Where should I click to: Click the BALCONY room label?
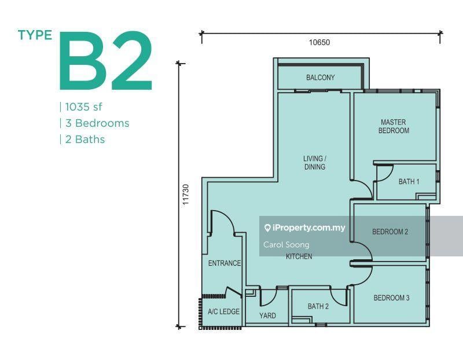pos(321,78)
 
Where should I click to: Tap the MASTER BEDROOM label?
pos(394,126)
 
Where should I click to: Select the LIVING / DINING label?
pos(315,163)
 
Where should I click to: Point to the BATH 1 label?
pos(409,182)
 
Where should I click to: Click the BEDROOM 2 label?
pos(390,232)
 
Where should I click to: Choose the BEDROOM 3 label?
pos(392,298)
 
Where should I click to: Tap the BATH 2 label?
pos(318,307)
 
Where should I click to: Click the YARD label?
pos(267,315)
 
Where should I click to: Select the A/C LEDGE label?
pos(223,311)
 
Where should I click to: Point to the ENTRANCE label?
pos(225,263)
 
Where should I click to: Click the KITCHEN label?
pos(299,256)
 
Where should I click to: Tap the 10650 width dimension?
pos(319,42)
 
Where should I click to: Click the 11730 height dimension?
pos(185,194)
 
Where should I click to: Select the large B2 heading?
pos(106,61)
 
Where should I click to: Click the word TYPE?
pos(35,35)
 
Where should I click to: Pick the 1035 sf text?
pos(83,107)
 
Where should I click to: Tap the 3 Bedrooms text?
pos(97,123)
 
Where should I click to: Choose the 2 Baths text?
pos(85,139)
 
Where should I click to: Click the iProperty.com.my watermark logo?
pos(305,227)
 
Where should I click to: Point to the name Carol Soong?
pos(286,245)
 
